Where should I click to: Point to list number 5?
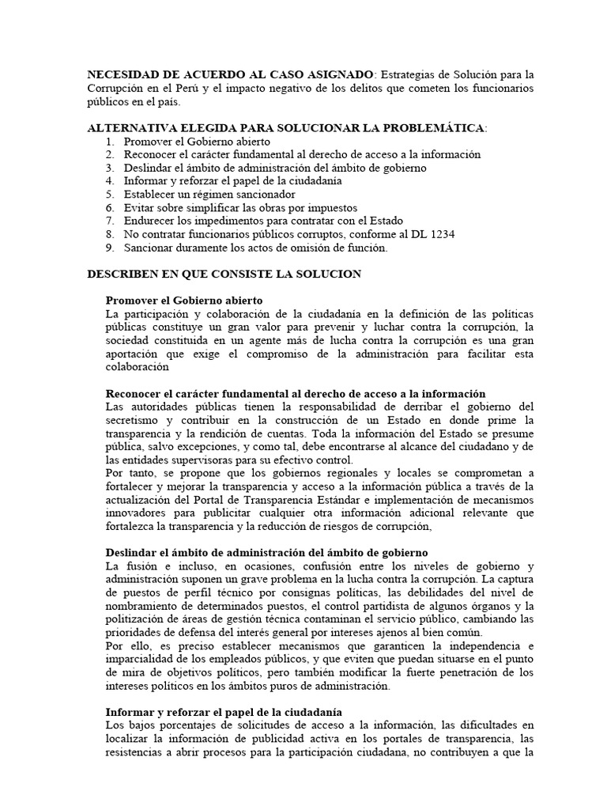click(x=110, y=194)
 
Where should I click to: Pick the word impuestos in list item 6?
click(x=333, y=207)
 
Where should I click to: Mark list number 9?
click(x=110, y=248)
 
